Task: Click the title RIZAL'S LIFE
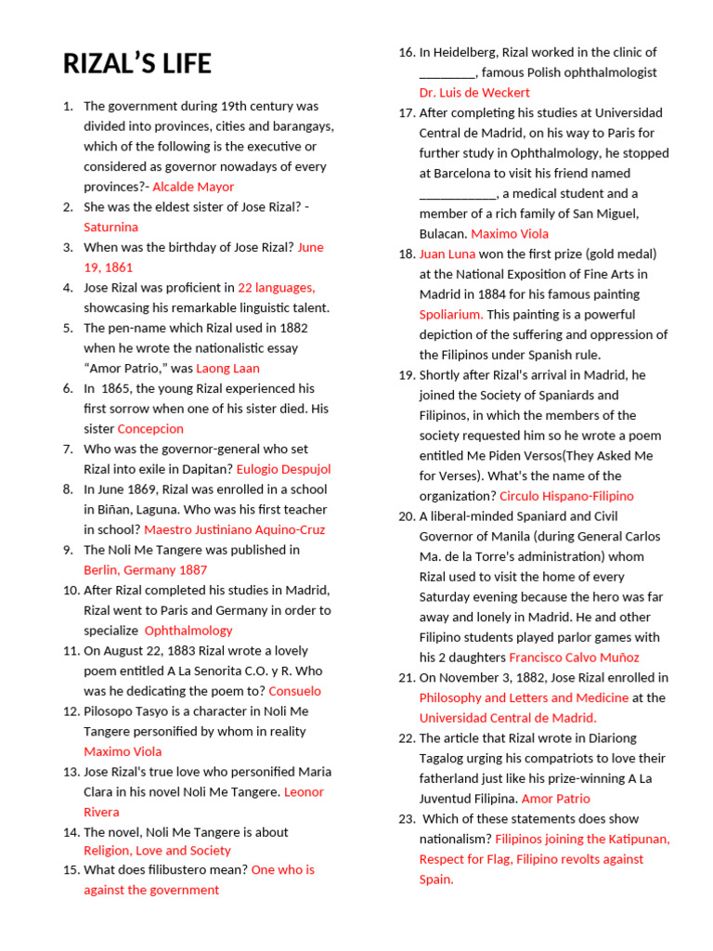tap(137, 64)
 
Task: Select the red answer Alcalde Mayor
tap(193, 187)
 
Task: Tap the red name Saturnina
tap(110, 227)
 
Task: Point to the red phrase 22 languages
tap(276, 288)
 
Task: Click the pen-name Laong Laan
tap(227, 369)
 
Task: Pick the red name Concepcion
tap(150, 429)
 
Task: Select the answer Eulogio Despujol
tap(283, 469)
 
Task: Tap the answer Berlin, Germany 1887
tap(145, 570)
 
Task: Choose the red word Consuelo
tap(294, 691)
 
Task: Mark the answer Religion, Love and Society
tap(157, 851)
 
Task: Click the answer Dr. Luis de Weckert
tap(474, 93)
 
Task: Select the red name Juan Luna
tap(447, 254)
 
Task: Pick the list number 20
tap(406, 516)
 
